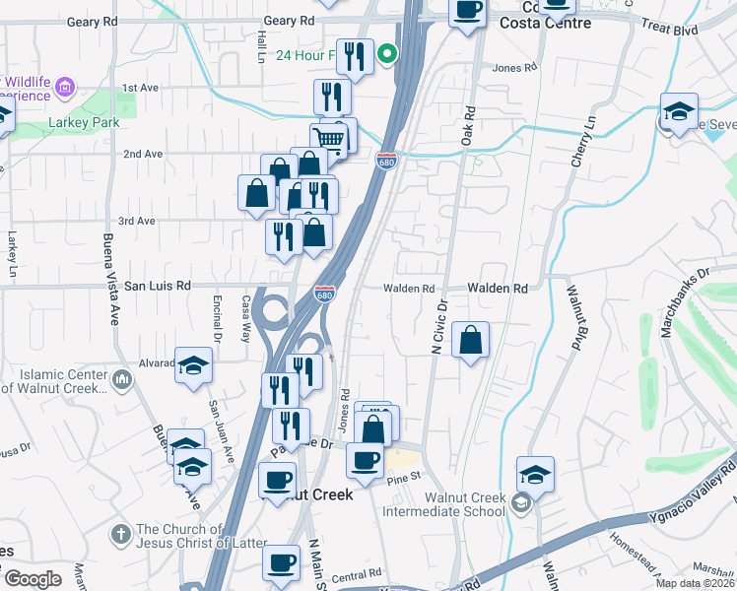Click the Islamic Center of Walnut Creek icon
[122, 378]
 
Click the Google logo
[33, 578]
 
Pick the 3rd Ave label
[137, 221]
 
